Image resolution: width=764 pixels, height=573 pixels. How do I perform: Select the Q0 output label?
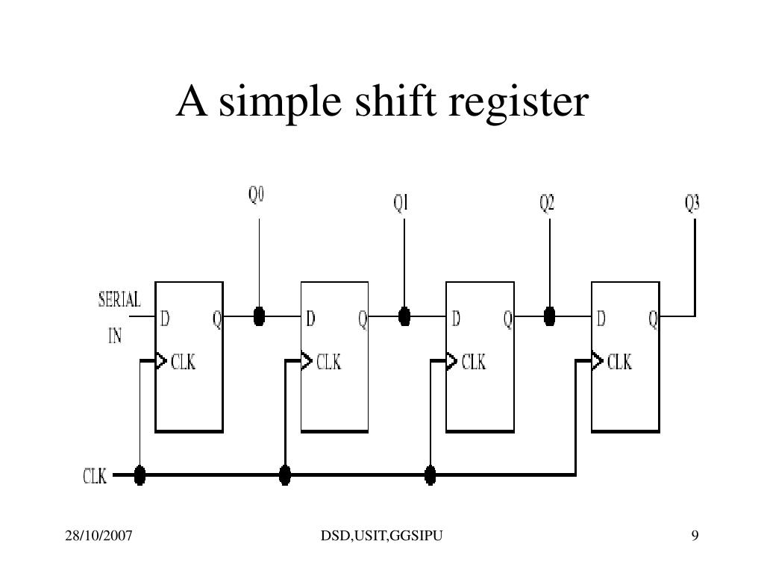click(257, 195)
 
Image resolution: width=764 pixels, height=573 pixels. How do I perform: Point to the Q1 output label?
click(401, 203)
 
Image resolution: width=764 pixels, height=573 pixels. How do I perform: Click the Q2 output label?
click(547, 203)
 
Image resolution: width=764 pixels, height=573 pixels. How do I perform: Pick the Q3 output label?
click(692, 203)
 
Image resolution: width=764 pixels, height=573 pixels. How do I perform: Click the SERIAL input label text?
click(119, 300)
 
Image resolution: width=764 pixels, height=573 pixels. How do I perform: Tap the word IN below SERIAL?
click(115, 336)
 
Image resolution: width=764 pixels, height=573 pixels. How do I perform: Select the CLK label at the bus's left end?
click(95, 475)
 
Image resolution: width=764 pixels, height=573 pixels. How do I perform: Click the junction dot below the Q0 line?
click(259, 316)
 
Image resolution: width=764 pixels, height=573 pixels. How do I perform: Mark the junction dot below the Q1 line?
click(404, 316)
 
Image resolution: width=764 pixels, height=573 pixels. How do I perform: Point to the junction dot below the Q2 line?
click(550, 316)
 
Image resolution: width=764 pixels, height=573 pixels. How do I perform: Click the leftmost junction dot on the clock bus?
click(140, 475)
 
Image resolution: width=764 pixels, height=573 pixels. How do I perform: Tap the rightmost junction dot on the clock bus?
click(430, 475)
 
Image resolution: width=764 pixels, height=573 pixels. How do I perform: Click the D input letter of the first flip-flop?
click(165, 319)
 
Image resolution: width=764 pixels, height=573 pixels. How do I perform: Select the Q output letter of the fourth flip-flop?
click(653, 319)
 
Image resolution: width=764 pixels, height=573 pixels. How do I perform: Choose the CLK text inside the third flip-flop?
click(473, 363)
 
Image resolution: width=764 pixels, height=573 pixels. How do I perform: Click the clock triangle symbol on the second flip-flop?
click(306, 361)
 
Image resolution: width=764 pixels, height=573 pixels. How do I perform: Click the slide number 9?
click(695, 535)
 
